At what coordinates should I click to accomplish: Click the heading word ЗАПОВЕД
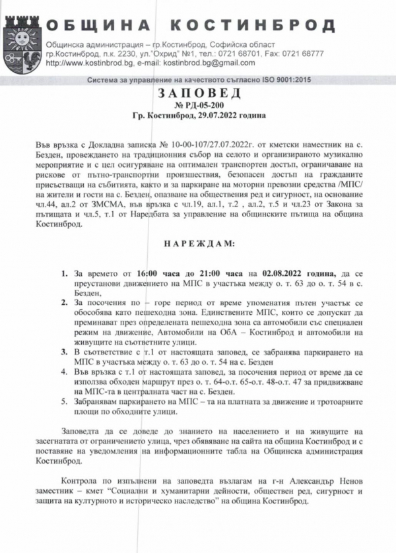coord(199,94)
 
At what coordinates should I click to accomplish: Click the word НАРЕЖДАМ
coord(198,244)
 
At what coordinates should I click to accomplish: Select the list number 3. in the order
coord(64,352)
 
